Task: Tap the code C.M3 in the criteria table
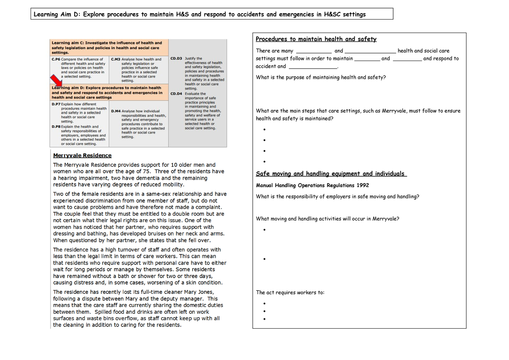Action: (x=116, y=59)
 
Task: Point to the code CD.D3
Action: (x=176, y=59)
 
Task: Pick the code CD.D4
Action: (x=176, y=94)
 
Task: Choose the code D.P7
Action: (x=56, y=104)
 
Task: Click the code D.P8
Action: (x=56, y=126)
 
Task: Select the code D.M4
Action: (x=115, y=111)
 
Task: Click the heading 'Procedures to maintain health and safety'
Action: (x=316, y=39)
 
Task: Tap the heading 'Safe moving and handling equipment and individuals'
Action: (x=331, y=174)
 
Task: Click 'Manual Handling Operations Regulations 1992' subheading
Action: (x=313, y=185)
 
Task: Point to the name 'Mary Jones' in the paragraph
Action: (x=199, y=292)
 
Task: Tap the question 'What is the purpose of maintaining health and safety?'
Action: (x=321, y=78)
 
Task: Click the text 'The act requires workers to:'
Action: (x=290, y=293)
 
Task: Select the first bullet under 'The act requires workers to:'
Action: (x=264, y=304)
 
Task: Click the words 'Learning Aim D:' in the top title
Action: (x=57, y=14)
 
